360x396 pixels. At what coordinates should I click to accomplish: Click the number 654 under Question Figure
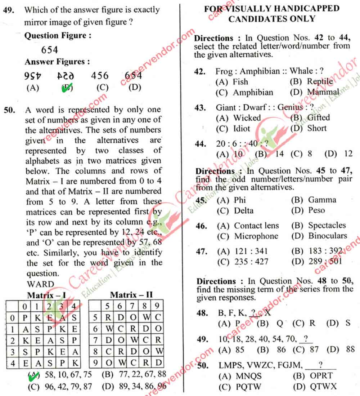tap(50, 49)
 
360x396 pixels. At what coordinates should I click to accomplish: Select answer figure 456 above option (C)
tap(99, 76)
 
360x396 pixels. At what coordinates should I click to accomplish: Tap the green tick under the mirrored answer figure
tap(66, 88)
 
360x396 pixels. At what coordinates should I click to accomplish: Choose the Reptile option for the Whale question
tap(320, 82)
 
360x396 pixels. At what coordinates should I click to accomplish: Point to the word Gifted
tap(318, 117)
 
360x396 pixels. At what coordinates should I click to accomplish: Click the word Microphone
tap(256, 236)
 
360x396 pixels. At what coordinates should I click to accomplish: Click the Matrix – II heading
tap(131, 295)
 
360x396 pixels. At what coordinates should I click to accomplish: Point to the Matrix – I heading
tap(46, 296)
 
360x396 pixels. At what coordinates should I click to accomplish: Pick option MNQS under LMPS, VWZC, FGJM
tap(249, 376)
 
